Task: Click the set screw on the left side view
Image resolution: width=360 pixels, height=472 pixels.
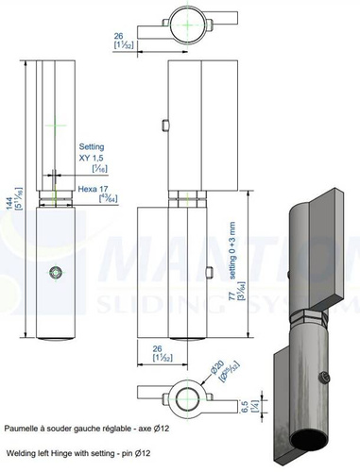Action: (56, 273)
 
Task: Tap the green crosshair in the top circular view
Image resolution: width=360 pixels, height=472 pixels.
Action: (190, 20)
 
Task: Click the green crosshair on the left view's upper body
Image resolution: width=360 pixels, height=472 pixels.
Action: (57, 124)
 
